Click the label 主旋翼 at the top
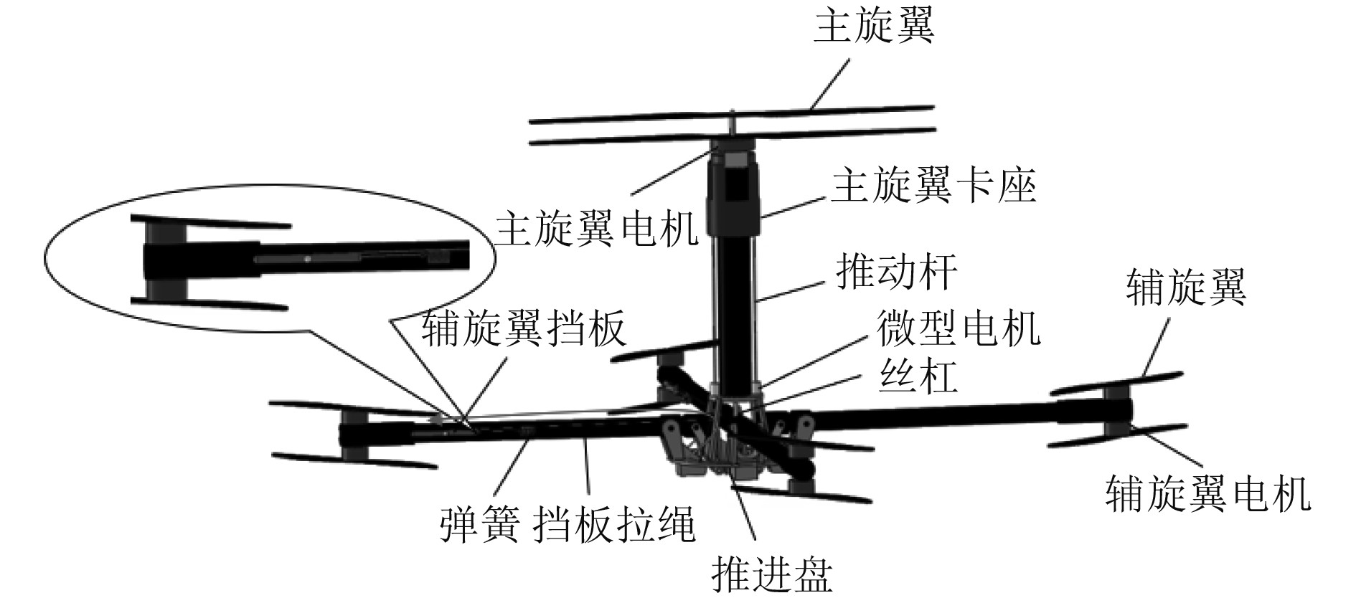pos(873,27)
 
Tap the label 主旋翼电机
pos(596,228)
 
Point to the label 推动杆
pos(896,273)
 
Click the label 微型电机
pos(958,329)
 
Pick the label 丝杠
pos(918,374)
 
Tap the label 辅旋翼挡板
pos(524,329)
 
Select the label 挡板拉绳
pos(616,525)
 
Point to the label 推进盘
pos(771,574)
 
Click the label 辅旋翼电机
pos(1207,493)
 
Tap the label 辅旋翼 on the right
pos(1186,287)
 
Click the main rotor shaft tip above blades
pos(732,115)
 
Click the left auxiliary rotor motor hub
pos(352,435)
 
